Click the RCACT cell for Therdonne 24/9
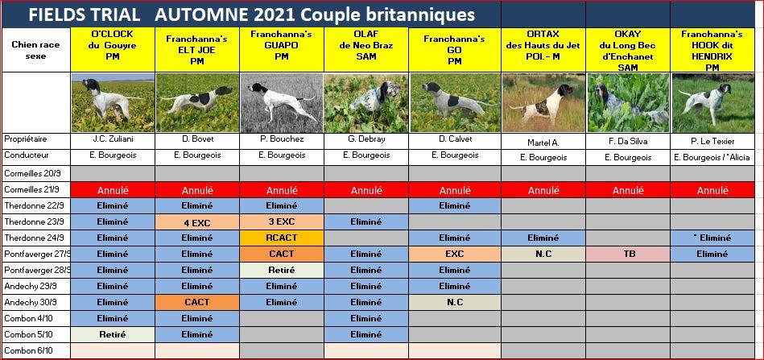point(282,238)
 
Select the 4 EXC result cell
point(197,221)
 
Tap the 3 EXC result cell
point(282,221)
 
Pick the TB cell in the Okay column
point(629,254)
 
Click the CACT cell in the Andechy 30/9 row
point(197,302)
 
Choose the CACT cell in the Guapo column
point(282,254)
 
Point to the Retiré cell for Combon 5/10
point(113,335)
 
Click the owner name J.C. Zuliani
point(113,139)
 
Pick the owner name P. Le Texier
point(712,142)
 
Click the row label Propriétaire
point(25,139)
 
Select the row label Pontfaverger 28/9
point(36,270)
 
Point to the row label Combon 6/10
point(28,351)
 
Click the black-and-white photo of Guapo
point(282,102)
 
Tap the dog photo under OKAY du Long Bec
point(629,102)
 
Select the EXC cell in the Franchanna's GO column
point(454,254)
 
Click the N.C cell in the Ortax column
point(543,254)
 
